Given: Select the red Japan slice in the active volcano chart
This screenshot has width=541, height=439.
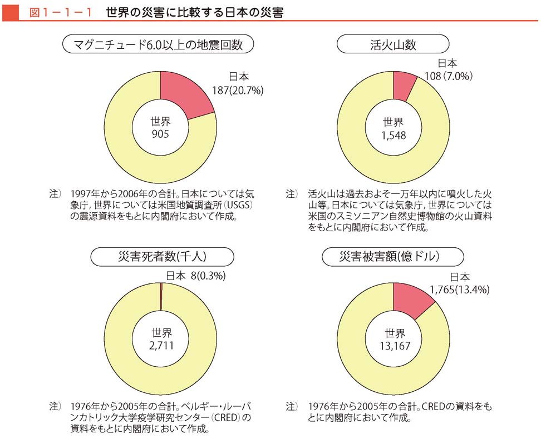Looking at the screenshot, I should pos(403,87).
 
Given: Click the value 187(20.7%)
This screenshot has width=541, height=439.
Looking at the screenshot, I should pos(237,89).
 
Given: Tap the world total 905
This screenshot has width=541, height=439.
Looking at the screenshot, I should pos(160,134).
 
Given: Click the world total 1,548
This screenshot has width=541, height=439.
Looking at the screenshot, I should pos(394,134).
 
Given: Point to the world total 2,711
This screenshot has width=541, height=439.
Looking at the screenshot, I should pos(162,346).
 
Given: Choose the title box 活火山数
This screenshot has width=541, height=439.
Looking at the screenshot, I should pos(393,45).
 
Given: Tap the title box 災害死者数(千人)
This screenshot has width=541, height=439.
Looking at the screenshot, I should pos(161,257).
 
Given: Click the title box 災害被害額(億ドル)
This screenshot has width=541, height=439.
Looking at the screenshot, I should pos(393,257).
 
